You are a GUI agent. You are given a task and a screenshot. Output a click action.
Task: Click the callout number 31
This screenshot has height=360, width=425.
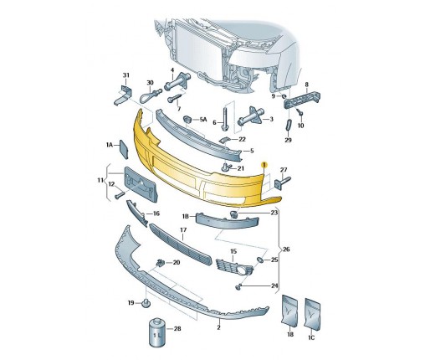tap(126, 75)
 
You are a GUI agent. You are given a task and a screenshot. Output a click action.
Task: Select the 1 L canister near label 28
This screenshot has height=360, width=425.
tap(157, 332)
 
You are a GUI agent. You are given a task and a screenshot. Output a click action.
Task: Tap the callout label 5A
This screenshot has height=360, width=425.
tap(203, 120)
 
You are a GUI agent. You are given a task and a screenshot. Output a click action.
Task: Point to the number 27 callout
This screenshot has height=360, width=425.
tap(284, 170)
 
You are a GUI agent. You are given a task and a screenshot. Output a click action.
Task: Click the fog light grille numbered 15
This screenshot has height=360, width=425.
tap(234, 268)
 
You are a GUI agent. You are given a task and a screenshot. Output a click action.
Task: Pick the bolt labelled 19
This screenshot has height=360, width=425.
tap(146, 303)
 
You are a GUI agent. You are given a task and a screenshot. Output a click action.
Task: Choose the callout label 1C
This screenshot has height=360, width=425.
tap(311, 337)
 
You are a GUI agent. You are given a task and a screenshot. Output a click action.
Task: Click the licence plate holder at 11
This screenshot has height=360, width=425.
tap(141, 184)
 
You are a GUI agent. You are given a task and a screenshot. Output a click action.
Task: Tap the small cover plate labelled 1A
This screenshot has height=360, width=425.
tap(124, 149)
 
